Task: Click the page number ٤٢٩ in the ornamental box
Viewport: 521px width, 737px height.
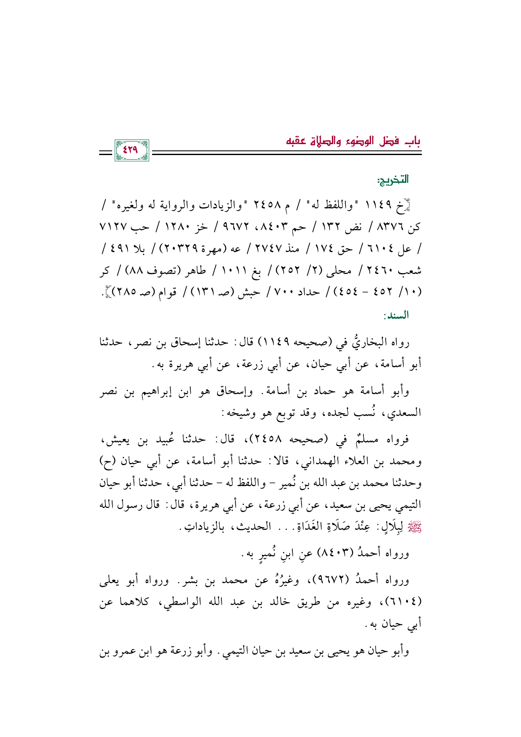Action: (131, 150)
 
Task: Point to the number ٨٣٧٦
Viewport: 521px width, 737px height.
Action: (393, 228)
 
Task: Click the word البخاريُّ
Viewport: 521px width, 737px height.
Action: (366, 343)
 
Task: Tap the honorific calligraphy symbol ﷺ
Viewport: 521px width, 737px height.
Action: (416, 526)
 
